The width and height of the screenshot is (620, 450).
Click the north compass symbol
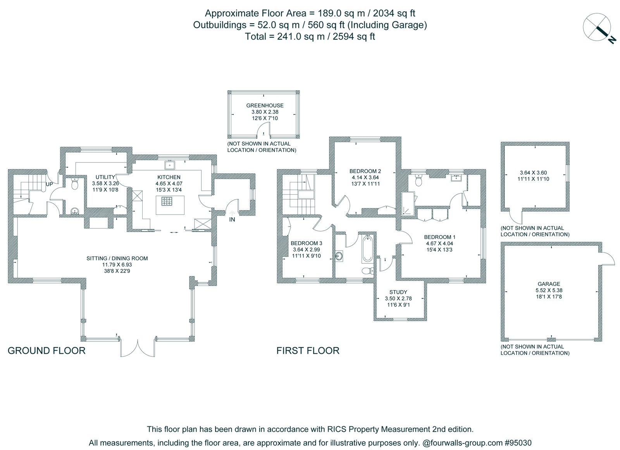point(598,28)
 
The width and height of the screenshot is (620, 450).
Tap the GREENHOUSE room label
point(265,106)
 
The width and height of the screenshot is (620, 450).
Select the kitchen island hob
point(167,201)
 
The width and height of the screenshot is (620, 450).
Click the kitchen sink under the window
point(169,165)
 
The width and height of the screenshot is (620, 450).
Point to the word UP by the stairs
point(49,184)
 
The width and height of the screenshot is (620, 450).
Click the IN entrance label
point(232,220)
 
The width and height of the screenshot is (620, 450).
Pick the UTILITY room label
point(105,177)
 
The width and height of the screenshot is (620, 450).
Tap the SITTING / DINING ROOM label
point(117,258)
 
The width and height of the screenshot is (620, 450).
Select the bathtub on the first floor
point(367,249)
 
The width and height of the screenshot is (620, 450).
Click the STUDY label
point(398,292)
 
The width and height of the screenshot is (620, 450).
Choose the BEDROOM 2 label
point(365,171)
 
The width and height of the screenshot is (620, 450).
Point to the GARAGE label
point(549,284)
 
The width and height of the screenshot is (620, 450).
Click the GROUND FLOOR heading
point(46,351)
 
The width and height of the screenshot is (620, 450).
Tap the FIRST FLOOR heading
point(308,351)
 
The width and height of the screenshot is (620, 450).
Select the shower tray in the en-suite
point(408,204)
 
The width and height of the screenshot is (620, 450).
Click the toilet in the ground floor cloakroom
point(75,183)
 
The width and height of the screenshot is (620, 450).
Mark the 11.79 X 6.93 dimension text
point(117,265)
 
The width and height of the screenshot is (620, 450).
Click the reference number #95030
point(518,443)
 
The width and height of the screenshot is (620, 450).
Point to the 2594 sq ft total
point(354,36)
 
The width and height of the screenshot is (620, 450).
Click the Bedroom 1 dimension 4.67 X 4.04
point(439,244)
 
